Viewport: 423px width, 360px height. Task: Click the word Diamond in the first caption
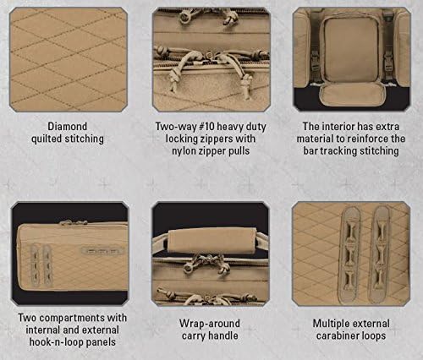pos(67,127)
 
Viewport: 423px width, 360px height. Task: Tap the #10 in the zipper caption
pos(206,127)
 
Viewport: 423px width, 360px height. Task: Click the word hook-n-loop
pos(56,342)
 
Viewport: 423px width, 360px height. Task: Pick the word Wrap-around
pos(210,324)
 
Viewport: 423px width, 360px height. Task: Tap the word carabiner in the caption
pos(335,335)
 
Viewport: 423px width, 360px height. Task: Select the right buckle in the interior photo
pos(388,63)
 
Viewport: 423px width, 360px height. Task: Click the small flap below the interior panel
pos(351,95)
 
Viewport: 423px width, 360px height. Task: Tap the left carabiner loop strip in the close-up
pos(351,255)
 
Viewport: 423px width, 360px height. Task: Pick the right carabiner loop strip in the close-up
pos(381,255)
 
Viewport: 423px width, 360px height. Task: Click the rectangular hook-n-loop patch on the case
pos(101,251)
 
